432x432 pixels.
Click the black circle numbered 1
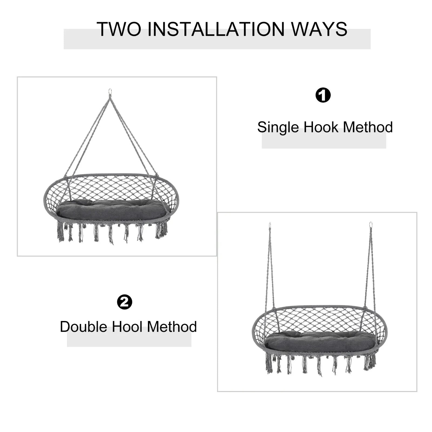323,95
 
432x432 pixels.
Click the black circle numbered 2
124,302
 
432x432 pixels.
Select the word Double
83,327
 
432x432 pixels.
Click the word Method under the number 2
172,327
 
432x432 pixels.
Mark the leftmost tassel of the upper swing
60,232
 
